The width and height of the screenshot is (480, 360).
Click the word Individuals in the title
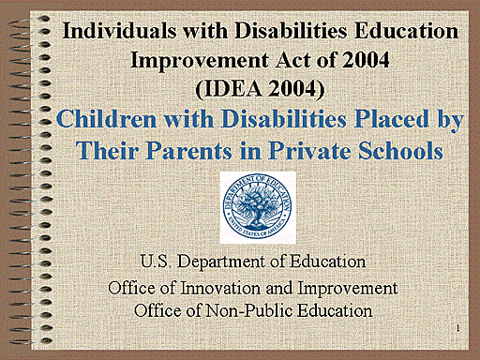click(115, 30)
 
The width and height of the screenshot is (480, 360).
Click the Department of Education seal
click(257, 203)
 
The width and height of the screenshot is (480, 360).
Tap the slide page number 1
click(453, 329)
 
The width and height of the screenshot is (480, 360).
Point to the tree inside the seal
click(257, 200)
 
